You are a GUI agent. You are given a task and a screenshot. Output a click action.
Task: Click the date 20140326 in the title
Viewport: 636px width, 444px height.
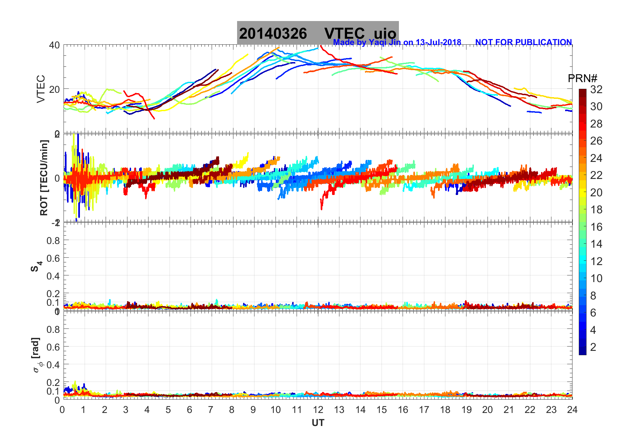point(273,34)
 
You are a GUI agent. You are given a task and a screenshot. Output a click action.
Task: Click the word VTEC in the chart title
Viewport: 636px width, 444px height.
point(344,34)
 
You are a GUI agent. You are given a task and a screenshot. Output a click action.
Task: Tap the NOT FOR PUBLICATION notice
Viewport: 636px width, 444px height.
point(523,42)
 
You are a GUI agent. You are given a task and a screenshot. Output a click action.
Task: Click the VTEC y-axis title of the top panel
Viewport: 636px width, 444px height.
point(41,89)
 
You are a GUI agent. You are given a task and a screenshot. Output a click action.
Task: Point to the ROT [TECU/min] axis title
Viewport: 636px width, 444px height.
point(44,178)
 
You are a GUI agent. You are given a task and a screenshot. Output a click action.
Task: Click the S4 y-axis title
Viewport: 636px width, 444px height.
point(36,266)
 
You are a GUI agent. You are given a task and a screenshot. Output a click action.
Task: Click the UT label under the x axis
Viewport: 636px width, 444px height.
point(318,423)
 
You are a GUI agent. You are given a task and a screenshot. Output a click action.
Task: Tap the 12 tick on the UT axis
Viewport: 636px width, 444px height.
point(318,410)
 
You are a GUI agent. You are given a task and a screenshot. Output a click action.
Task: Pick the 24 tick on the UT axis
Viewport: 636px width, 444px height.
point(572,410)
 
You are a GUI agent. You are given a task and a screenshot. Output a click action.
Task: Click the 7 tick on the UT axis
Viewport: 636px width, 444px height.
point(210,410)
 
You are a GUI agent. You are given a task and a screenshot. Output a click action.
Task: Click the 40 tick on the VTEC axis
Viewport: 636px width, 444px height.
point(55,45)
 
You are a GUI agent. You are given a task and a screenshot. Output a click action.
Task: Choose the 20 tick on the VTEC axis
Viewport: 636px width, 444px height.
point(55,89)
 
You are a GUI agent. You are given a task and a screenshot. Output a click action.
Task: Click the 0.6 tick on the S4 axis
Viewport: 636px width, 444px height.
point(53,258)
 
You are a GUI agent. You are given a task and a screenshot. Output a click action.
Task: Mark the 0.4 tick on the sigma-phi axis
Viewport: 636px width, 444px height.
point(53,365)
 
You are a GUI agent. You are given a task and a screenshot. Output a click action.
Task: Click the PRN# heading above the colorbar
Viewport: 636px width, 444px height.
point(582,78)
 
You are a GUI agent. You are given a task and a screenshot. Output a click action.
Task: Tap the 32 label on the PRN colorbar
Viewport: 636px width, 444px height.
point(596,89)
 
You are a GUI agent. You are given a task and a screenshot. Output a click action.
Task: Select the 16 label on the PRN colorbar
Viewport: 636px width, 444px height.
point(596,227)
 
